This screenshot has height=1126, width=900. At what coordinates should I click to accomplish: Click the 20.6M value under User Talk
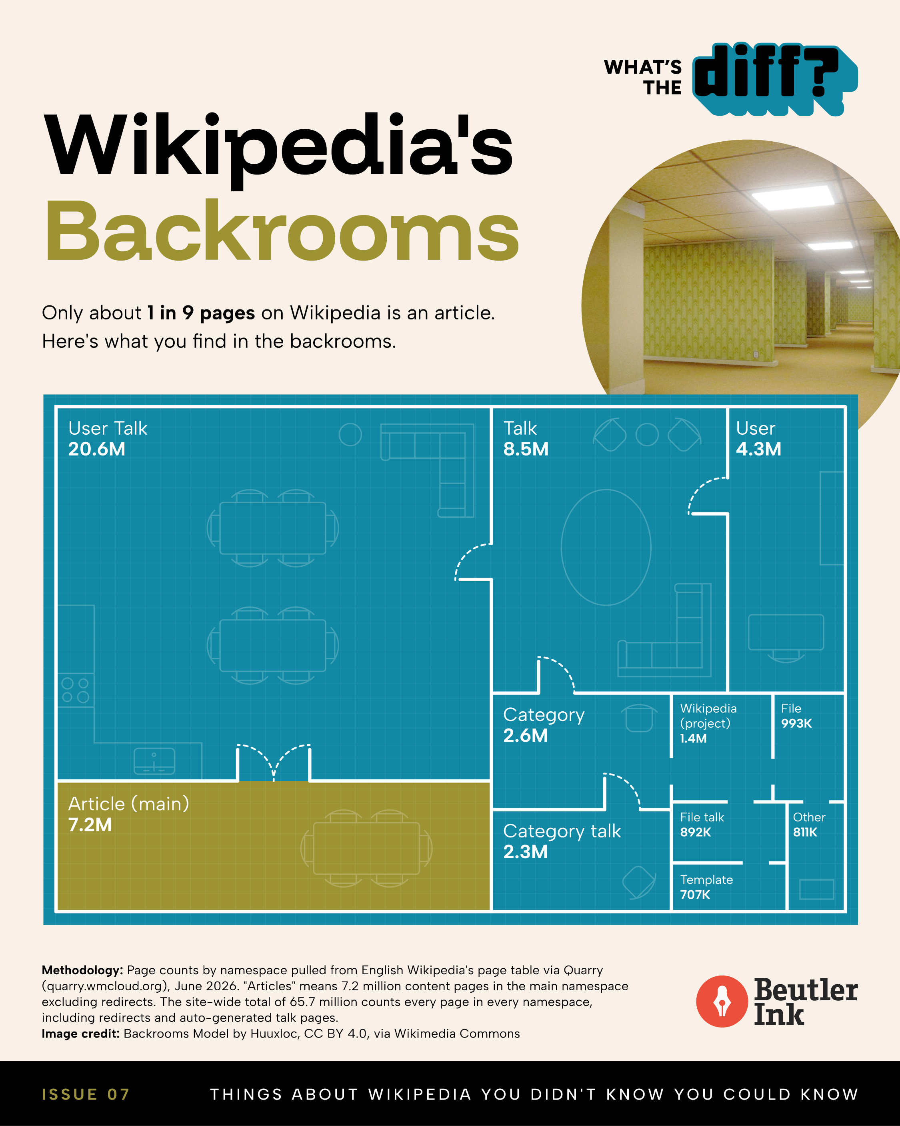point(96,449)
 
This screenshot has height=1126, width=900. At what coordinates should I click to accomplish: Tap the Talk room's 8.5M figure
point(526,449)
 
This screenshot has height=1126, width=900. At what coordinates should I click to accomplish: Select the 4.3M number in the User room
point(758,449)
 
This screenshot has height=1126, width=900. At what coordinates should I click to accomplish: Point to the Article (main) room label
point(128,804)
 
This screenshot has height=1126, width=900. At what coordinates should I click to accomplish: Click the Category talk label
point(562,831)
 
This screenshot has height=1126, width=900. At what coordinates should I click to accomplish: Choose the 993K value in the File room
point(796,723)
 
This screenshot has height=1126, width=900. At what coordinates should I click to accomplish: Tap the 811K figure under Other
point(805,832)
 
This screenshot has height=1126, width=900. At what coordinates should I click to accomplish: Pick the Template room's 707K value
point(695,895)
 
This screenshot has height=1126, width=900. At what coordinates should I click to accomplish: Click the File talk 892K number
point(695,832)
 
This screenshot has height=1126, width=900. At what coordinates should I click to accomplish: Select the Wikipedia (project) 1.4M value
point(693,739)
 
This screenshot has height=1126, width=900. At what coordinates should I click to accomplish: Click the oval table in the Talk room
point(606,547)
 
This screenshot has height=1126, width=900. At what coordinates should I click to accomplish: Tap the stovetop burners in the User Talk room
point(76,690)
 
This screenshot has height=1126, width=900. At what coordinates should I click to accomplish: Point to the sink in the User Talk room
point(154,761)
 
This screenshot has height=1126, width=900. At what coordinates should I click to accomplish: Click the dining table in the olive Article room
point(366,848)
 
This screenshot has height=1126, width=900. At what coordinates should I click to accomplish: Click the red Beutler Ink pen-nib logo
point(722,1001)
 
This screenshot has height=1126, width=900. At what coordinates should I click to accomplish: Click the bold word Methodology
point(82,970)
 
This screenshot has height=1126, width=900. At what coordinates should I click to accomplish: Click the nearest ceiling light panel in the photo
point(793,197)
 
